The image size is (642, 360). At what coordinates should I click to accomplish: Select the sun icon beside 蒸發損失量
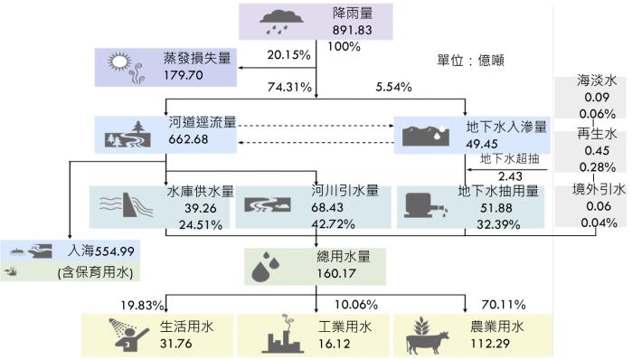pyautogui.click(x=120, y=63)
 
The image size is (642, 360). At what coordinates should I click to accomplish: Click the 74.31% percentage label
pyautogui.click(x=289, y=88)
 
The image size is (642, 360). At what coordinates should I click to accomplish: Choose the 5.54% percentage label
pyautogui.click(x=393, y=88)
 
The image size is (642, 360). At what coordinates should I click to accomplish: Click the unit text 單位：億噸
pyautogui.click(x=469, y=61)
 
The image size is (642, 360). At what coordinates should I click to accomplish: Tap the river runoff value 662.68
pyautogui.click(x=189, y=138)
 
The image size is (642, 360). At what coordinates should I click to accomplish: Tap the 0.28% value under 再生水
pyautogui.click(x=599, y=167)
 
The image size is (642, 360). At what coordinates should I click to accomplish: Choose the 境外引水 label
pyautogui.click(x=599, y=189)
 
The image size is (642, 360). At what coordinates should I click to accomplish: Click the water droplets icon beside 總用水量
pyautogui.click(x=269, y=264)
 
